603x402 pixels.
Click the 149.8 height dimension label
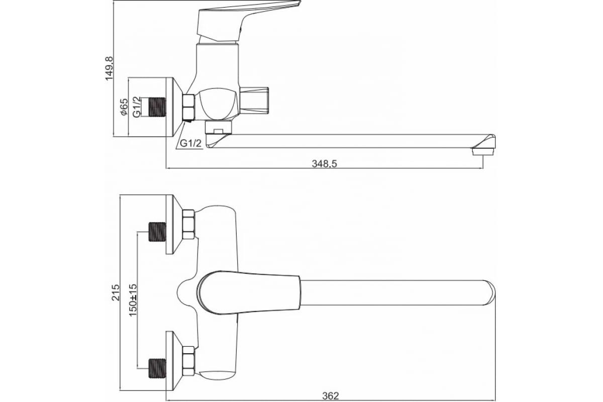[x=110, y=68]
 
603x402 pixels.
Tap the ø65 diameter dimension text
[x=124, y=107]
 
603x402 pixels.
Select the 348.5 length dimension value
[x=324, y=164]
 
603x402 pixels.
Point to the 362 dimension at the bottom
[x=331, y=396]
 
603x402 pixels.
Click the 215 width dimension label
[x=116, y=292]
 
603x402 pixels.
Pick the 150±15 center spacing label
[x=133, y=300]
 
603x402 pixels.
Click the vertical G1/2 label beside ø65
[x=137, y=107]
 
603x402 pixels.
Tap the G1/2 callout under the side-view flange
[x=190, y=143]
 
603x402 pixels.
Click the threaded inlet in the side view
[x=157, y=107]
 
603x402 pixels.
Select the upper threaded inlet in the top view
[x=157, y=232]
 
